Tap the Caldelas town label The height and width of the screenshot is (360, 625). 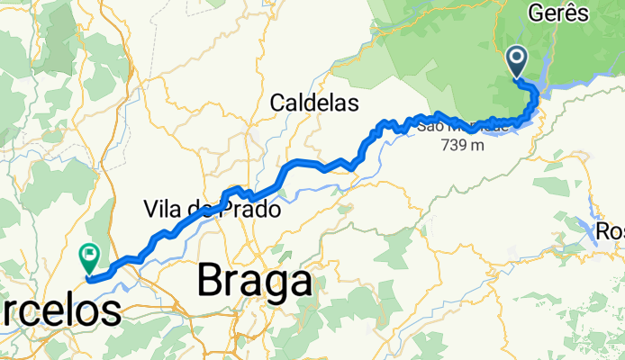pyautogui.click(x=314, y=103)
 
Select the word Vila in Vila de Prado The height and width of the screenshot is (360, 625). pyautogui.click(x=162, y=210)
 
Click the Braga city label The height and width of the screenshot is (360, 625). pyautogui.click(x=255, y=283)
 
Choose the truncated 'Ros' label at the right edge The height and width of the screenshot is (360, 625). pyautogui.click(x=610, y=232)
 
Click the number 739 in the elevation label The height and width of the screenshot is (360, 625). pyautogui.click(x=456, y=146)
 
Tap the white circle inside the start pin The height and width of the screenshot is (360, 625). pyautogui.click(x=519, y=58)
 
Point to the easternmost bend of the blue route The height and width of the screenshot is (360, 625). pyautogui.click(x=536, y=94)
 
